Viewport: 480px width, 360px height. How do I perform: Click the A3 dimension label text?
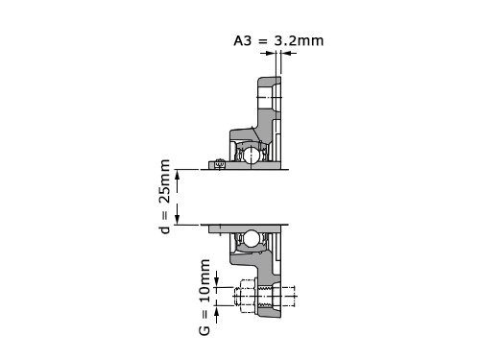(x=243, y=41)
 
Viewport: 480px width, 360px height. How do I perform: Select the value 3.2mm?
(x=299, y=41)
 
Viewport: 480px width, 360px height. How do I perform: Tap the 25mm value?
(x=165, y=181)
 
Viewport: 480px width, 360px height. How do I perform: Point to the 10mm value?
(x=204, y=281)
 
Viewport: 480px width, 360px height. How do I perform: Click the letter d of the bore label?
(x=165, y=229)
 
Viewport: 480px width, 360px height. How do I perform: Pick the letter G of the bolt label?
(x=204, y=330)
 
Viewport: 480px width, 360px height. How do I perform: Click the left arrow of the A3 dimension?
(x=268, y=53)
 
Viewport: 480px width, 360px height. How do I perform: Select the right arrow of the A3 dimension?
(x=289, y=53)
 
